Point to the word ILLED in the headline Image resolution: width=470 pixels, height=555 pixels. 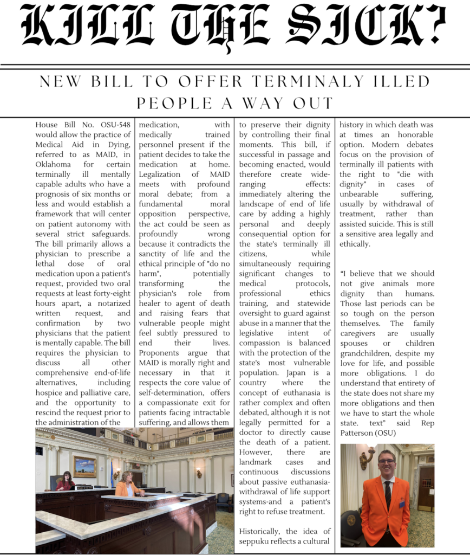click(x=400, y=82)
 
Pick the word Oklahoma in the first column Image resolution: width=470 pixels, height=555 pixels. click(x=53, y=164)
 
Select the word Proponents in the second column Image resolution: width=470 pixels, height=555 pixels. click(x=160, y=352)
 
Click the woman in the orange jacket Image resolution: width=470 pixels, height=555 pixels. click(x=128, y=486)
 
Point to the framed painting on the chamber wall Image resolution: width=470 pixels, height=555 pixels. click(x=84, y=466)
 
